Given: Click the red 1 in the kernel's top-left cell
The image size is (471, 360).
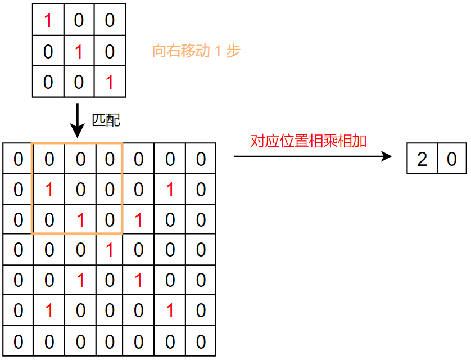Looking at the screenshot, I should tap(48, 21).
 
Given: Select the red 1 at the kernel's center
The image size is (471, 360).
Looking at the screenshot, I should tap(79, 52).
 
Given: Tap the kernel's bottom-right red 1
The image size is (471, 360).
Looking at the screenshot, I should tap(110, 83).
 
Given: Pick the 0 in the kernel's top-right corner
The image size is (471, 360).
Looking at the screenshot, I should tap(110, 21).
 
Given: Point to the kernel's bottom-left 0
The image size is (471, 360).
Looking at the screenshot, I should tap(48, 83).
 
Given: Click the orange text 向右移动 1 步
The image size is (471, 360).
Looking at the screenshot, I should tap(196, 51).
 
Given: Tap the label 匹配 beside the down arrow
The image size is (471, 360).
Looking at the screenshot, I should tap(106, 119).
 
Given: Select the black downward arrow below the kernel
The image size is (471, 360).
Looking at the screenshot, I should tap(78, 120).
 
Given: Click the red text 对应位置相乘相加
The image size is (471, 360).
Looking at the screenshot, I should tap(308, 141).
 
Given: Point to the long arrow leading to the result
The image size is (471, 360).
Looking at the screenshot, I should tap(313, 156).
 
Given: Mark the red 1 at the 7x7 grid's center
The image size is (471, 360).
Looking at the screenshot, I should tap(110, 250).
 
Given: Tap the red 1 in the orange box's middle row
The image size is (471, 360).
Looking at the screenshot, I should tap(49, 190).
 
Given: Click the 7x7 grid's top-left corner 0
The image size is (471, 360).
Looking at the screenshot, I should tap(19, 160).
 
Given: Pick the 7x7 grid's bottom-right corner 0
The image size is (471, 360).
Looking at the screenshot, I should tap(201, 341).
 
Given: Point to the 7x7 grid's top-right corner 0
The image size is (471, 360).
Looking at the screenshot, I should tap(201, 160).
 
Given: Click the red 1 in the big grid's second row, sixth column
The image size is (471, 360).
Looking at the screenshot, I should tap(170, 190).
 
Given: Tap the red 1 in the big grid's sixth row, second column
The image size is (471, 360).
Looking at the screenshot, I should tap(49, 311).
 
